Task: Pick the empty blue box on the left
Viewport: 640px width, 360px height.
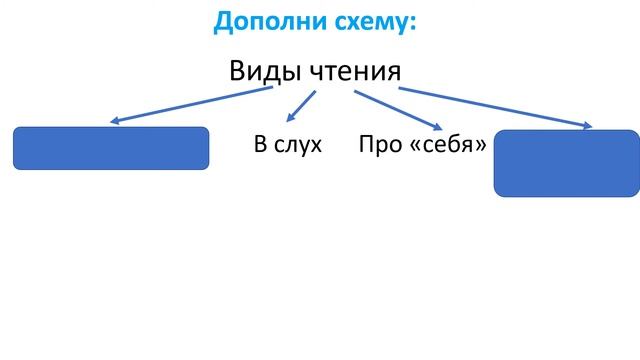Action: pos(110,148)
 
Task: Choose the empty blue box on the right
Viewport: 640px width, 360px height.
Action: pos(566,162)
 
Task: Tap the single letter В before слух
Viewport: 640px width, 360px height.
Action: pos(260,145)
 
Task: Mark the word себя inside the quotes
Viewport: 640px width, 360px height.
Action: pos(445,145)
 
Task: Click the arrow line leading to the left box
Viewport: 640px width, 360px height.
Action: pos(190,105)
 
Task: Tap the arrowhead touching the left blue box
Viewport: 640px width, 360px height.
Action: pos(115,122)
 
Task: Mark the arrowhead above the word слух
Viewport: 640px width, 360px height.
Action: pos(290,120)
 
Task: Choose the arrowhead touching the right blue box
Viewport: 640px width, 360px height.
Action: pos(585,126)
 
